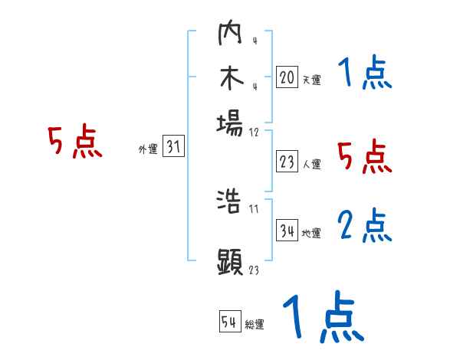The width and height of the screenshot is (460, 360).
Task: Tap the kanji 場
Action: pyautogui.click(x=230, y=123)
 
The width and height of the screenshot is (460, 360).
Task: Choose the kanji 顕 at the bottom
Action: pyautogui.click(x=230, y=261)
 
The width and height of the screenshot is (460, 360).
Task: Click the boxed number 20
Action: pyautogui.click(x=287, y=77)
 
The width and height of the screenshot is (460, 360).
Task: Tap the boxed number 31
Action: pyautogui.click(x=173, y=148)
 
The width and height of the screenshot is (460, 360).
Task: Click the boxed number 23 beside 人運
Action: pyautogui.click(x=287, y=162)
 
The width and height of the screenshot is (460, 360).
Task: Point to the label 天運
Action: pyautogui.click(x=311, y=80)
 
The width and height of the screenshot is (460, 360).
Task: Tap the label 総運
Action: pyautogui.click(x=255, y=325)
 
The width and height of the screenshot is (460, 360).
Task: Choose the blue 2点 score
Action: pyautogui.click(x=365, y=227)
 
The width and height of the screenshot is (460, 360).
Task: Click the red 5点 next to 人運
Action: pyautogui.click(x=365, y=157)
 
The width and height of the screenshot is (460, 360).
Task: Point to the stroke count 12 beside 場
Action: pyautogui.click(x=255, y=132)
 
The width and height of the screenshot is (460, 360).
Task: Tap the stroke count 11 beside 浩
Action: pyautogui.click(x=254, y=209)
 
